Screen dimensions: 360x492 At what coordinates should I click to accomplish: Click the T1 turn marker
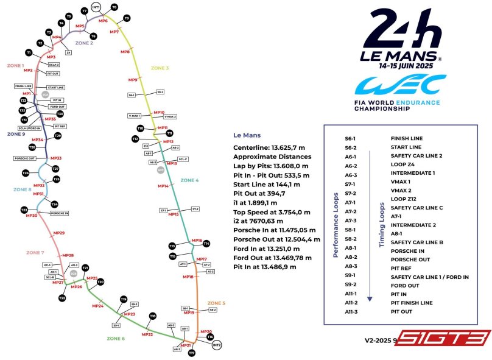tap(29, 53)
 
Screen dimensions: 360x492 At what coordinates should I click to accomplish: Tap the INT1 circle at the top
tap(96, 7)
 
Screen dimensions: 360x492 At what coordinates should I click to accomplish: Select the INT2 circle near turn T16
tap(217, 345)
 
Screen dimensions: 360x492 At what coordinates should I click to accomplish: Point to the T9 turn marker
tap(127, 18)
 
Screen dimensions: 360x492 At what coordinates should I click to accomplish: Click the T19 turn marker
tap(124, 299)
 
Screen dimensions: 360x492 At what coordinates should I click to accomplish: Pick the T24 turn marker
tap(54, 204)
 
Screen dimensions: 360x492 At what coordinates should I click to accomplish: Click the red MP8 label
tap(125, 52)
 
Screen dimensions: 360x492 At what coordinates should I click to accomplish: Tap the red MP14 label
tap(163, 186)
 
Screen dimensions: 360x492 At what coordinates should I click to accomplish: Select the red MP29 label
tap(59, 233)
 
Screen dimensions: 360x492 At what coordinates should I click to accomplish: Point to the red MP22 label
tap(147, 334)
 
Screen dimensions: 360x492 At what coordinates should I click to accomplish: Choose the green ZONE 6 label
tap(116, 338)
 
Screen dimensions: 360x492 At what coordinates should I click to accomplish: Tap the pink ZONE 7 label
tap(35, 252)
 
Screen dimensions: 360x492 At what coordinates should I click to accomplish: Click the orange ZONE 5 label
tap(216, 303)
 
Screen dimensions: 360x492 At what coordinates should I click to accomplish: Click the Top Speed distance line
tap(272, 212)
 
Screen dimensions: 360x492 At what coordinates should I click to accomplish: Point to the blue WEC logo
tap(401, 86)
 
